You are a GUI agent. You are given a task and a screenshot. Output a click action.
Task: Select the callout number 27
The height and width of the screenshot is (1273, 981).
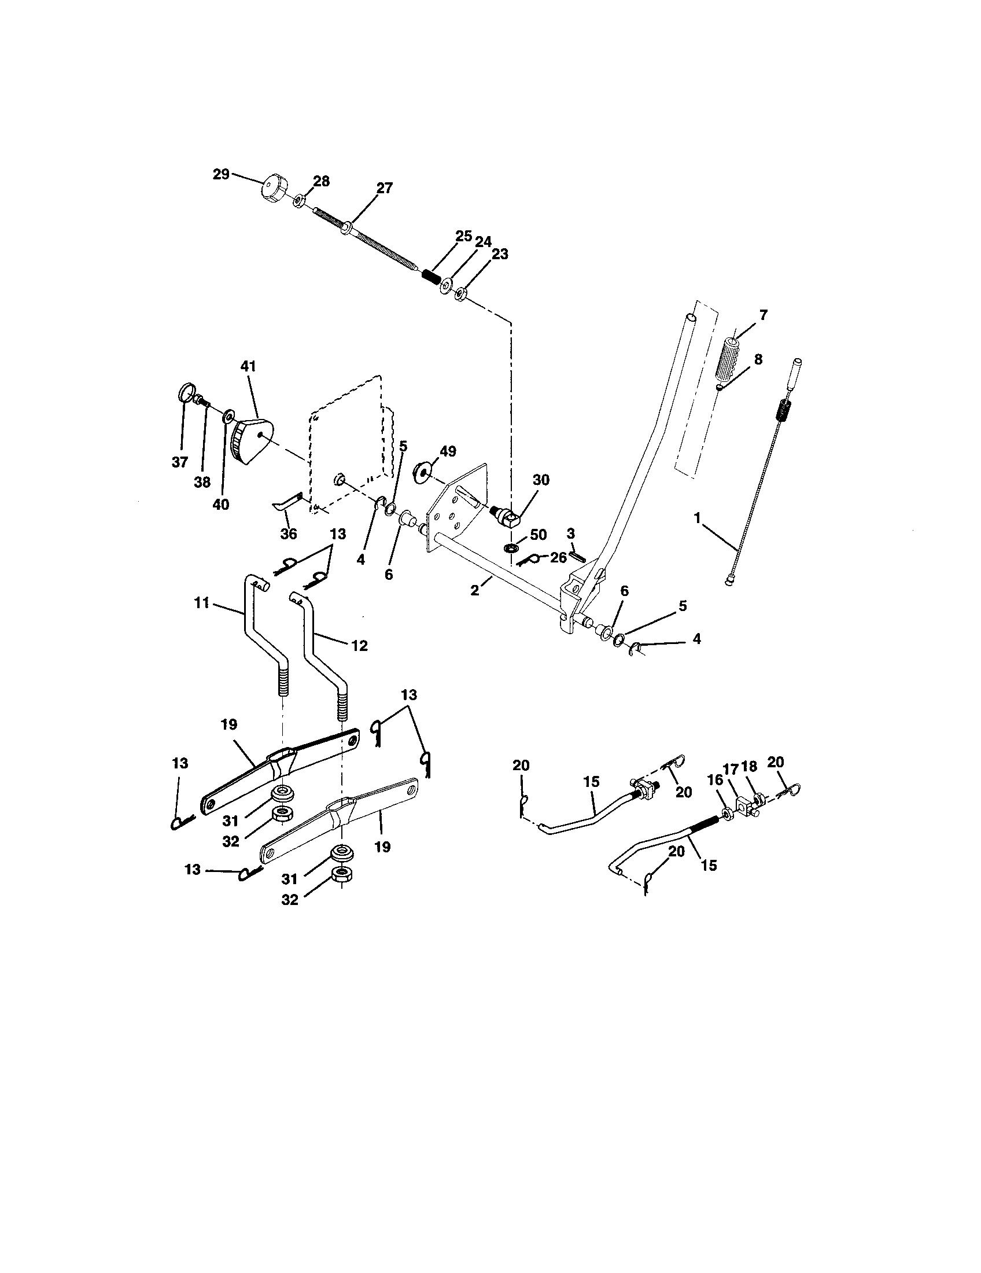385,188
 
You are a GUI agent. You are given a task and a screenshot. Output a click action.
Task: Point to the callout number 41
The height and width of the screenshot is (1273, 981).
248,367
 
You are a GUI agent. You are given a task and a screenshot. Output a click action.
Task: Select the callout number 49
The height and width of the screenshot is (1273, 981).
448,451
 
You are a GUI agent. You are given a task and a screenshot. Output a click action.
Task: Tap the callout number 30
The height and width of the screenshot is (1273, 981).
541,480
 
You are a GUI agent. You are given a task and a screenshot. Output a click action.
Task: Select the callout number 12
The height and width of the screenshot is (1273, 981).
360,645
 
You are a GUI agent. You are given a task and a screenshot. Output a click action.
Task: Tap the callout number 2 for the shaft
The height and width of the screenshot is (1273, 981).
475,590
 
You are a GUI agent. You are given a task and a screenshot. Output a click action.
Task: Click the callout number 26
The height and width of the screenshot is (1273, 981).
558,557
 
